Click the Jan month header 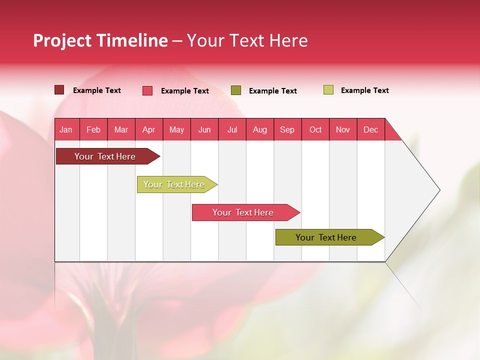pyautogui.click(x=66, y=130)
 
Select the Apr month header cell pyautogui.click(x=149, y=130)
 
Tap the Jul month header pyautogui.click(x=232, y=130)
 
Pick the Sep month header pyautogui.click(x=287, y=130)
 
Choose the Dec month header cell pyautogui.click(x=370, y=130)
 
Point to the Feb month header pyautogui.click(x=93, y=130)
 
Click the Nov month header pyautogui.click(x=343, y=130)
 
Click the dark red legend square pyautogui.click(x=59, y=90)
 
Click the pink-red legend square pyautogui.click(x=147, y=90)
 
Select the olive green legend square pyautogui.click(x=236, y=90)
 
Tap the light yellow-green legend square pyautogui.click(x=328, y=90)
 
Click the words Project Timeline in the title pyautogui.click(x=100, y=40)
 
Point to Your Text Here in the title pyautogui.click(x=247, y=40)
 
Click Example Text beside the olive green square pyautogui.click(x=272, y=91)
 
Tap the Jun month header pyautogui.click(x=204, y=130)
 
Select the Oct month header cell pyautogui.click(x=315, y=130)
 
